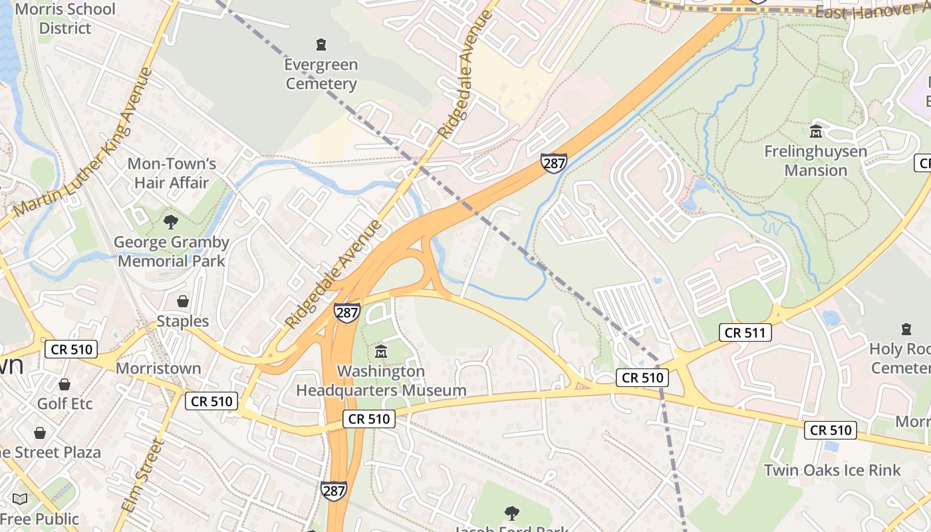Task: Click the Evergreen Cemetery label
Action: click(x=321, y=74)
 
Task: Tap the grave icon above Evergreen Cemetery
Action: click(x=321, y=45)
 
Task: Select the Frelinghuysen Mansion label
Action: click(x=815, y=161)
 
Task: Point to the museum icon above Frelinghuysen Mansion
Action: click(x=815, y=132)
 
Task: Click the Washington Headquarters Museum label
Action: click(x=380, y=380)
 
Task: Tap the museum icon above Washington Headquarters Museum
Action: click(x=380, y=351)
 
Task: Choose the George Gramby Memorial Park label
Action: click(x=171, y=251)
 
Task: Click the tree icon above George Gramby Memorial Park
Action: click(x=171, y=221)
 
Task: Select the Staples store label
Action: click(x=182, y=321)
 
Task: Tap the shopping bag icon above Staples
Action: click(x=182, y=301)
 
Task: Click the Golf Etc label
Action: click(x=65, y=404)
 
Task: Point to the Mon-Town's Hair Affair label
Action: click(x=172, y=173)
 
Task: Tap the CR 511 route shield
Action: click(x=745, y=332)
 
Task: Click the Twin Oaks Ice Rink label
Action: click(x=832, y=470)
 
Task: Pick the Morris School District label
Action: click(x=65, y=19)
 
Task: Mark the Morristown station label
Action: click(x=158, y=368)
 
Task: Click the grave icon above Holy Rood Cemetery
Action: click(x=906, y=329)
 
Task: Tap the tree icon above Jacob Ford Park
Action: click(x=511, y=513)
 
